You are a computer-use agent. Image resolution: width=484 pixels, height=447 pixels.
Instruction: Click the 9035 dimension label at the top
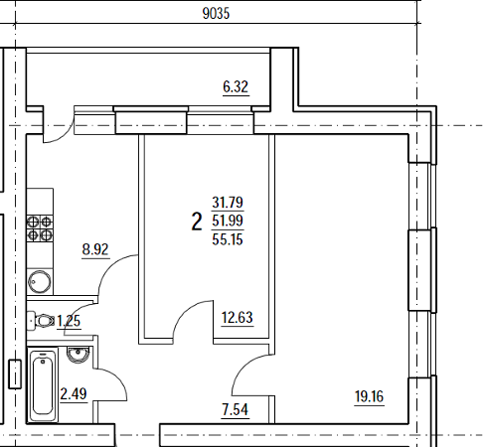click(x=216, y=14)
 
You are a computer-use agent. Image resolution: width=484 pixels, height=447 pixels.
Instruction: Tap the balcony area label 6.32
click(x=236, y=86)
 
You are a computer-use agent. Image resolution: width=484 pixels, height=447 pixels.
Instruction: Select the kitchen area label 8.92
click(x=95, y=249)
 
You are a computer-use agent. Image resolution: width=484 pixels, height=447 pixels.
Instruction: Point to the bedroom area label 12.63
click(x=238, y=317)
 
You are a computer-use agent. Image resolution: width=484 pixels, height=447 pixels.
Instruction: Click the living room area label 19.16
click(x=369, y=396)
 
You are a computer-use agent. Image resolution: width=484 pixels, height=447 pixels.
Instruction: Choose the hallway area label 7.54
click(x=236, y=409)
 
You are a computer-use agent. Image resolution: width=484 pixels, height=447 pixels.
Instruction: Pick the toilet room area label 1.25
click(x=69, y=321)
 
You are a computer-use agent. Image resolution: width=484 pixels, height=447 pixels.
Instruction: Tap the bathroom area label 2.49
click(x=74, y=393)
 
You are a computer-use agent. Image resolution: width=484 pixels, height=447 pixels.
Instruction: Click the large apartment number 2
click(x=197, y=222)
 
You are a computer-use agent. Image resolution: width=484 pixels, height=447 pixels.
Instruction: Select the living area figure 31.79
click(x=228, y=202)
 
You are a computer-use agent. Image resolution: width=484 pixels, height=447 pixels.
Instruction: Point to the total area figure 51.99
click(x=228, y=221)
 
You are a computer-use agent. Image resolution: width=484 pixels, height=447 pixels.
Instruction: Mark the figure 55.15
click(x=228, y=239)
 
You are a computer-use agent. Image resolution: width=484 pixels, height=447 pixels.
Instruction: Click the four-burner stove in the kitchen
click(x=40, y=228)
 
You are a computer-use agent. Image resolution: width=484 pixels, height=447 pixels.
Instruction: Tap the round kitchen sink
click(x=40, y=282)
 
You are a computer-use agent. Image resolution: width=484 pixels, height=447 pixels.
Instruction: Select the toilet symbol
click(x=41, y=321)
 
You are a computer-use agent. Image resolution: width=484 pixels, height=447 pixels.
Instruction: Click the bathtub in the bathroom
click(x=43, y=384)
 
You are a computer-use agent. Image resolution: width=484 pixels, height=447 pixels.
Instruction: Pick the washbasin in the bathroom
click(x=79, y=354)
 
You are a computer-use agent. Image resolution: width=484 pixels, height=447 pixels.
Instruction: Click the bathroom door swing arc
click(x=115, y=380)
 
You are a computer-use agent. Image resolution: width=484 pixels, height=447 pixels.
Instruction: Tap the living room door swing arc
click(x=245, y=369)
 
